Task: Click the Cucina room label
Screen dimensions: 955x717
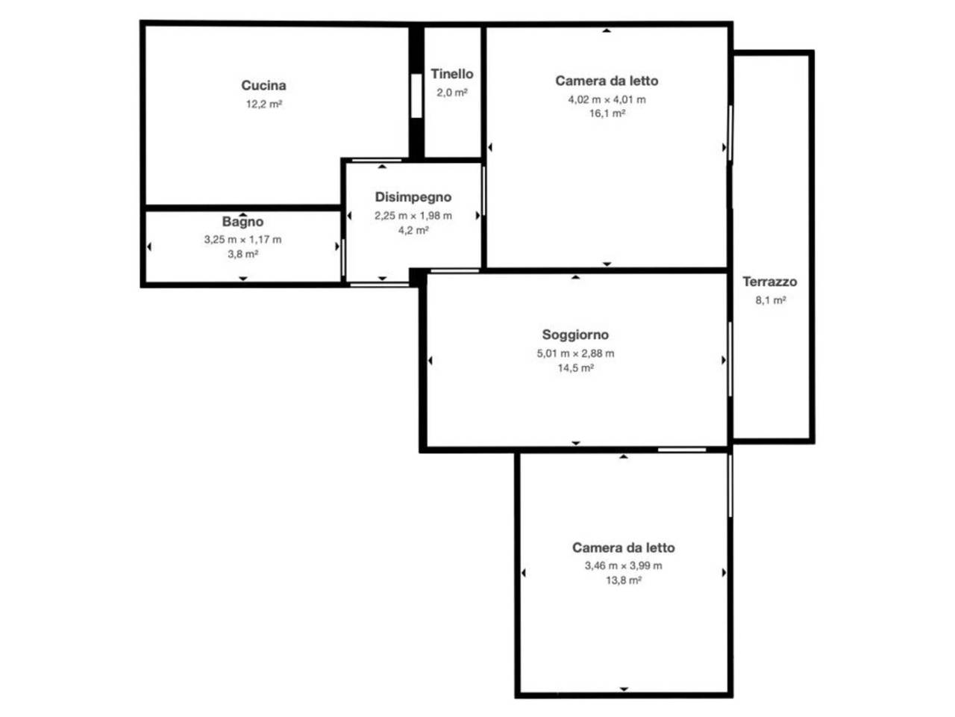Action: [x=263, y=85]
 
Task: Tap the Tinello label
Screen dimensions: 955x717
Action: [x=452, y=74]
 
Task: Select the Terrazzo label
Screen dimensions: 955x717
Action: [x=770, y=282]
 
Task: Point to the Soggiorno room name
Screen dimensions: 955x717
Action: [x=575, y=335]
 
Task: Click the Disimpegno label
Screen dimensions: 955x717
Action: [x=413, y=197]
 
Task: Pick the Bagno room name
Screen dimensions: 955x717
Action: [x=242, y=222]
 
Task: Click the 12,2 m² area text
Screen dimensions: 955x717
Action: [x=264, y=104]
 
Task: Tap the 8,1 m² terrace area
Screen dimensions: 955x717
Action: [x=771, y=300]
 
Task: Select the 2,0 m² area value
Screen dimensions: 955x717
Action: [x=452, y=93]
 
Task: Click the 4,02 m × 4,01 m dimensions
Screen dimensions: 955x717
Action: [x=607, y=99]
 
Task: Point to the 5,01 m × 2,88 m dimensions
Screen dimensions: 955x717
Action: [x=575, y=353]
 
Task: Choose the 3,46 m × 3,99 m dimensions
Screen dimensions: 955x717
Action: [x=624, y=566]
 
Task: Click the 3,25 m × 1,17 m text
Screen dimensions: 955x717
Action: [x=242, y=240]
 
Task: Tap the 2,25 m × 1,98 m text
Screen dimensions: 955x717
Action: [x=413, y=216]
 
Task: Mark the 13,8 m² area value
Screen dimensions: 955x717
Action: [x=624, y=580]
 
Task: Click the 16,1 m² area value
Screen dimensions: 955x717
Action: [x=607, y=114]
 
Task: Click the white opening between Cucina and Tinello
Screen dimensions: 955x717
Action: [x=416, y=96]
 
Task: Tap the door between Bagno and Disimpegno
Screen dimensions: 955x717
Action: [x=343, y=257]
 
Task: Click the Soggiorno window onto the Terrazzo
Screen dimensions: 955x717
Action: [x=730, y=359]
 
